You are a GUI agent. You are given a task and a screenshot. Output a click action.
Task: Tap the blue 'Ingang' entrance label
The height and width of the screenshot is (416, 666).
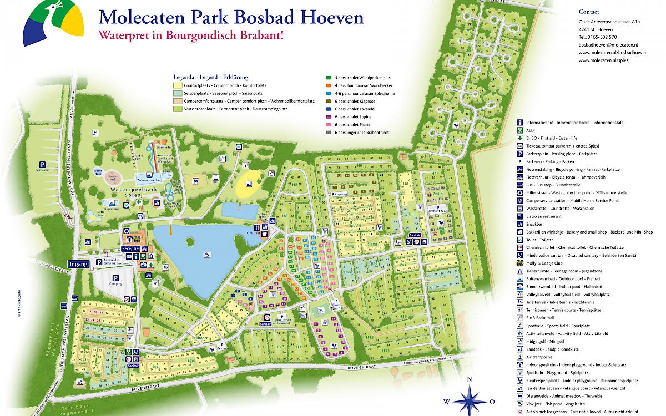78,264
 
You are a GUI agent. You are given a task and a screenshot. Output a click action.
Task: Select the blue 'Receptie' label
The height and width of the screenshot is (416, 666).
130,249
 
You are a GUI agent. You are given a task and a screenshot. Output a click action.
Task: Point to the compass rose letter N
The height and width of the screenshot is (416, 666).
470,379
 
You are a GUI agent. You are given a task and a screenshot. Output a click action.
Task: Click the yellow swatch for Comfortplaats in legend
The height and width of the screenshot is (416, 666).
178,86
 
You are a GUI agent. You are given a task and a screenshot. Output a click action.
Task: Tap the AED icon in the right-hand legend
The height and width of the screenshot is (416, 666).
520,130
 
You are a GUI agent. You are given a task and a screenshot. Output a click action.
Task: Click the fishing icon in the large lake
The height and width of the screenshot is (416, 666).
206,255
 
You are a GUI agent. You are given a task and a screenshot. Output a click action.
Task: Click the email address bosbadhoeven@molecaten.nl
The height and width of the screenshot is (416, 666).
608,44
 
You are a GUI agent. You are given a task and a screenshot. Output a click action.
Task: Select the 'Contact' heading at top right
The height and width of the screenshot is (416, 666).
589,12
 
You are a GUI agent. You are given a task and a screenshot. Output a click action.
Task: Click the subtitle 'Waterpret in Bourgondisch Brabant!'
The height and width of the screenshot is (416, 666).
191,35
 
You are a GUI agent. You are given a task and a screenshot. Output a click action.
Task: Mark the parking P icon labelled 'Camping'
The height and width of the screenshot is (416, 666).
116,278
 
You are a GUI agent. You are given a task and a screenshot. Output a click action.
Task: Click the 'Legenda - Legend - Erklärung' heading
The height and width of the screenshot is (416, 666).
210,77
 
